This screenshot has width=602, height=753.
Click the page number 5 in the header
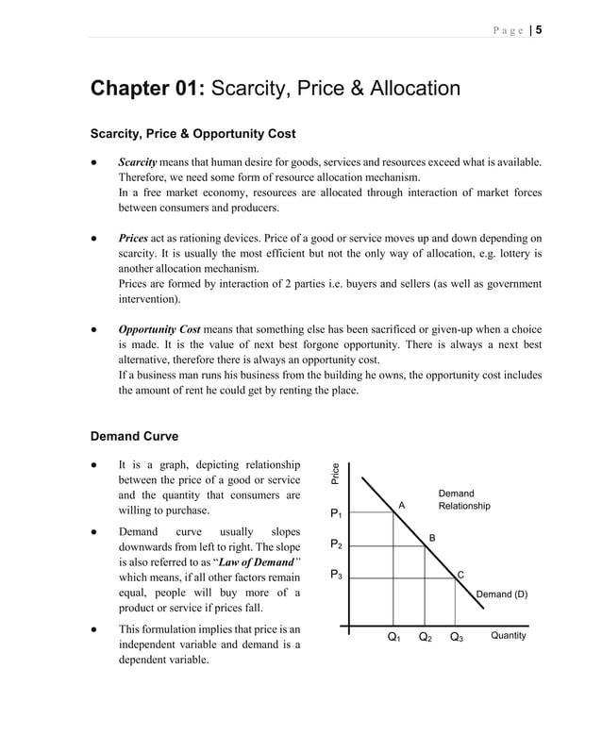[x=538, y=29]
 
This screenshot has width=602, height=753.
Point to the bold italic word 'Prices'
[x=133, y=238]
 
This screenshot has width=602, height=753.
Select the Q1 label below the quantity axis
[x=394, y=638]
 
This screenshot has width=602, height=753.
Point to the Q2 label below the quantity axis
[x=425, y=638]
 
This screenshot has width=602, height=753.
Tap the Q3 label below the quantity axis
[x=456, y=638]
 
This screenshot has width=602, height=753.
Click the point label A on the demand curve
[x=401, y=506]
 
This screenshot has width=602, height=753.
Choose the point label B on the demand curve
[x=432, y=537]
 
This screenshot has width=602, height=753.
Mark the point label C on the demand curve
[x=460, y=575]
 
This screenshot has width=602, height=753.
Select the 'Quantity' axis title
[x=509, y=636]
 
